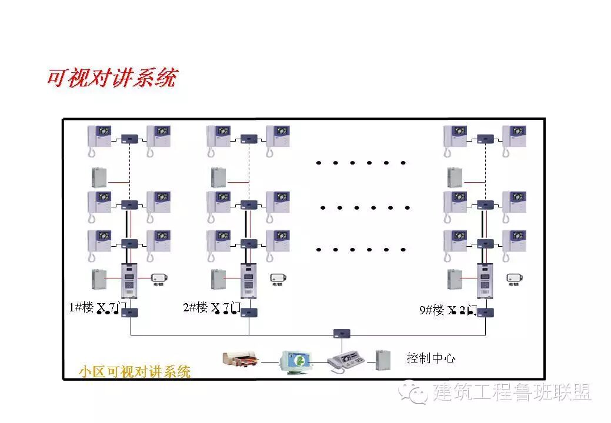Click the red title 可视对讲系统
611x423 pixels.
coord(112,78)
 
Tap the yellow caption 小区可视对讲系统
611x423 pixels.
coord(135,371)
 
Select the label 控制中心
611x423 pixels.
coord(430,358)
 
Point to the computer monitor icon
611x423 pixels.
coord(295,361)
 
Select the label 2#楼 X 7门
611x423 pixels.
coord(212,307)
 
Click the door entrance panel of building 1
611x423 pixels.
coord(129,280)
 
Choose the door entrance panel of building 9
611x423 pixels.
coord(485,280)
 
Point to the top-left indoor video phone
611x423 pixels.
coord(99,140)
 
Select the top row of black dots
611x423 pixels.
coord(360,163)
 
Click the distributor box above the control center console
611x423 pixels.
coord(342,333)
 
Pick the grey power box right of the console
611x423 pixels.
coord(382,360)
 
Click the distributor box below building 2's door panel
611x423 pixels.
coord(249,313)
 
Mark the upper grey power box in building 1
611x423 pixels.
coord(99,177)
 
